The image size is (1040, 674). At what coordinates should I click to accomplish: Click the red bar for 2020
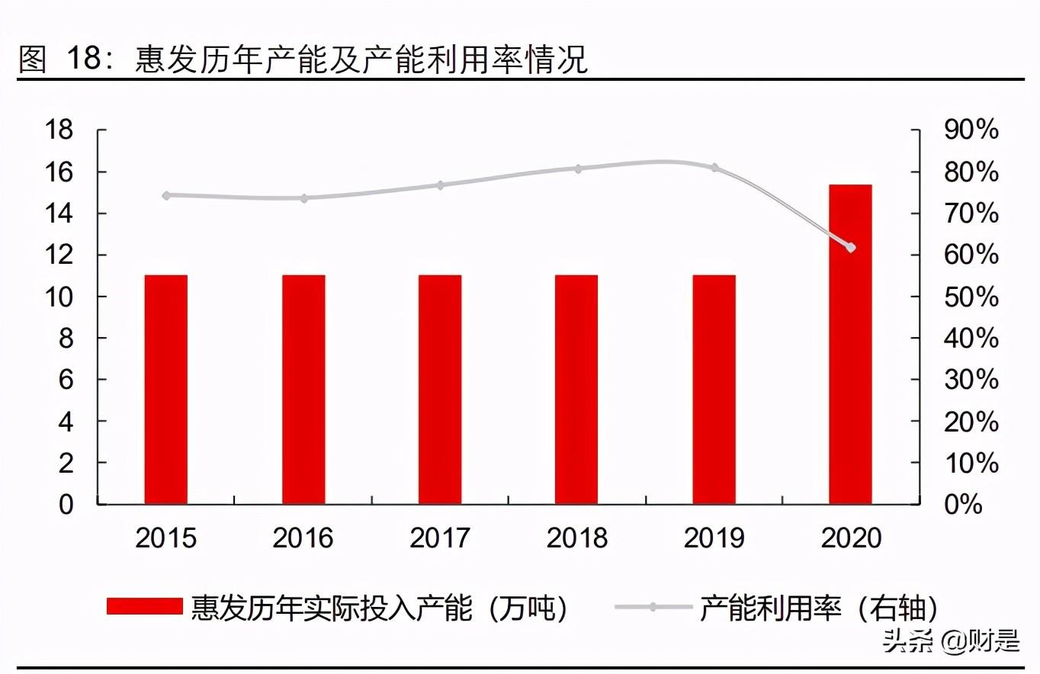click(x=850, y=344)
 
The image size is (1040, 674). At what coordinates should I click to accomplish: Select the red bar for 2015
click(x=165, y=389)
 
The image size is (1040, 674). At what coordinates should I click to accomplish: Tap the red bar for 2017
click(x=439, y=389)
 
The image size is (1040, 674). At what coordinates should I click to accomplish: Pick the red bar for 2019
click(x=714, y=389)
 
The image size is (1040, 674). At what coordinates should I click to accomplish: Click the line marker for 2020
click(x=851, y=247)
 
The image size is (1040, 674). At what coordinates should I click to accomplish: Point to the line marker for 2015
click(x=166, y=195)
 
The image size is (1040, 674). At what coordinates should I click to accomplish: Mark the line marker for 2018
click(x=577, y=168)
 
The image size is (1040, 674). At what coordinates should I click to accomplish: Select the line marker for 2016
click(x=303, y=198)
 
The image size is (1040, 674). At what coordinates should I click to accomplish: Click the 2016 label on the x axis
click(x=303, y=538)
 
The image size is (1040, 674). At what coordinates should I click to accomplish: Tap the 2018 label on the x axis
click(x=577, y=538)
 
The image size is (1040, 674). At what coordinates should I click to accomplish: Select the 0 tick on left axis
click(x=66, y=504)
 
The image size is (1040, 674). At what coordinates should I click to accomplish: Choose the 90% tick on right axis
click(x=971, y=130)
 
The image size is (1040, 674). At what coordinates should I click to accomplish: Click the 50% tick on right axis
click(x=971, y=297)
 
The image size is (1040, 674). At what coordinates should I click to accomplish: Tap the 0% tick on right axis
click(x=963, y=504)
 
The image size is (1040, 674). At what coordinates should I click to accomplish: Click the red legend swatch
click(x=145, y=607)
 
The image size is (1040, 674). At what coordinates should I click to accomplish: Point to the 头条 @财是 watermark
click(x=951, y=641)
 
